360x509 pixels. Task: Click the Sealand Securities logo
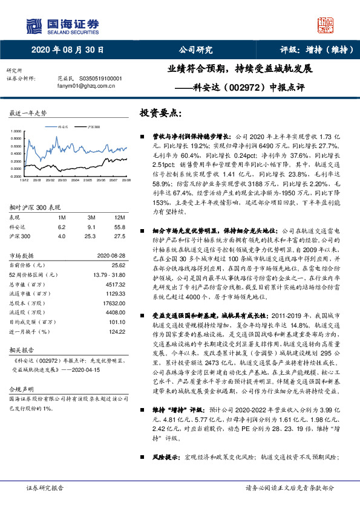coord(61,25)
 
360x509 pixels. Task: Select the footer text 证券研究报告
coord(44,487)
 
